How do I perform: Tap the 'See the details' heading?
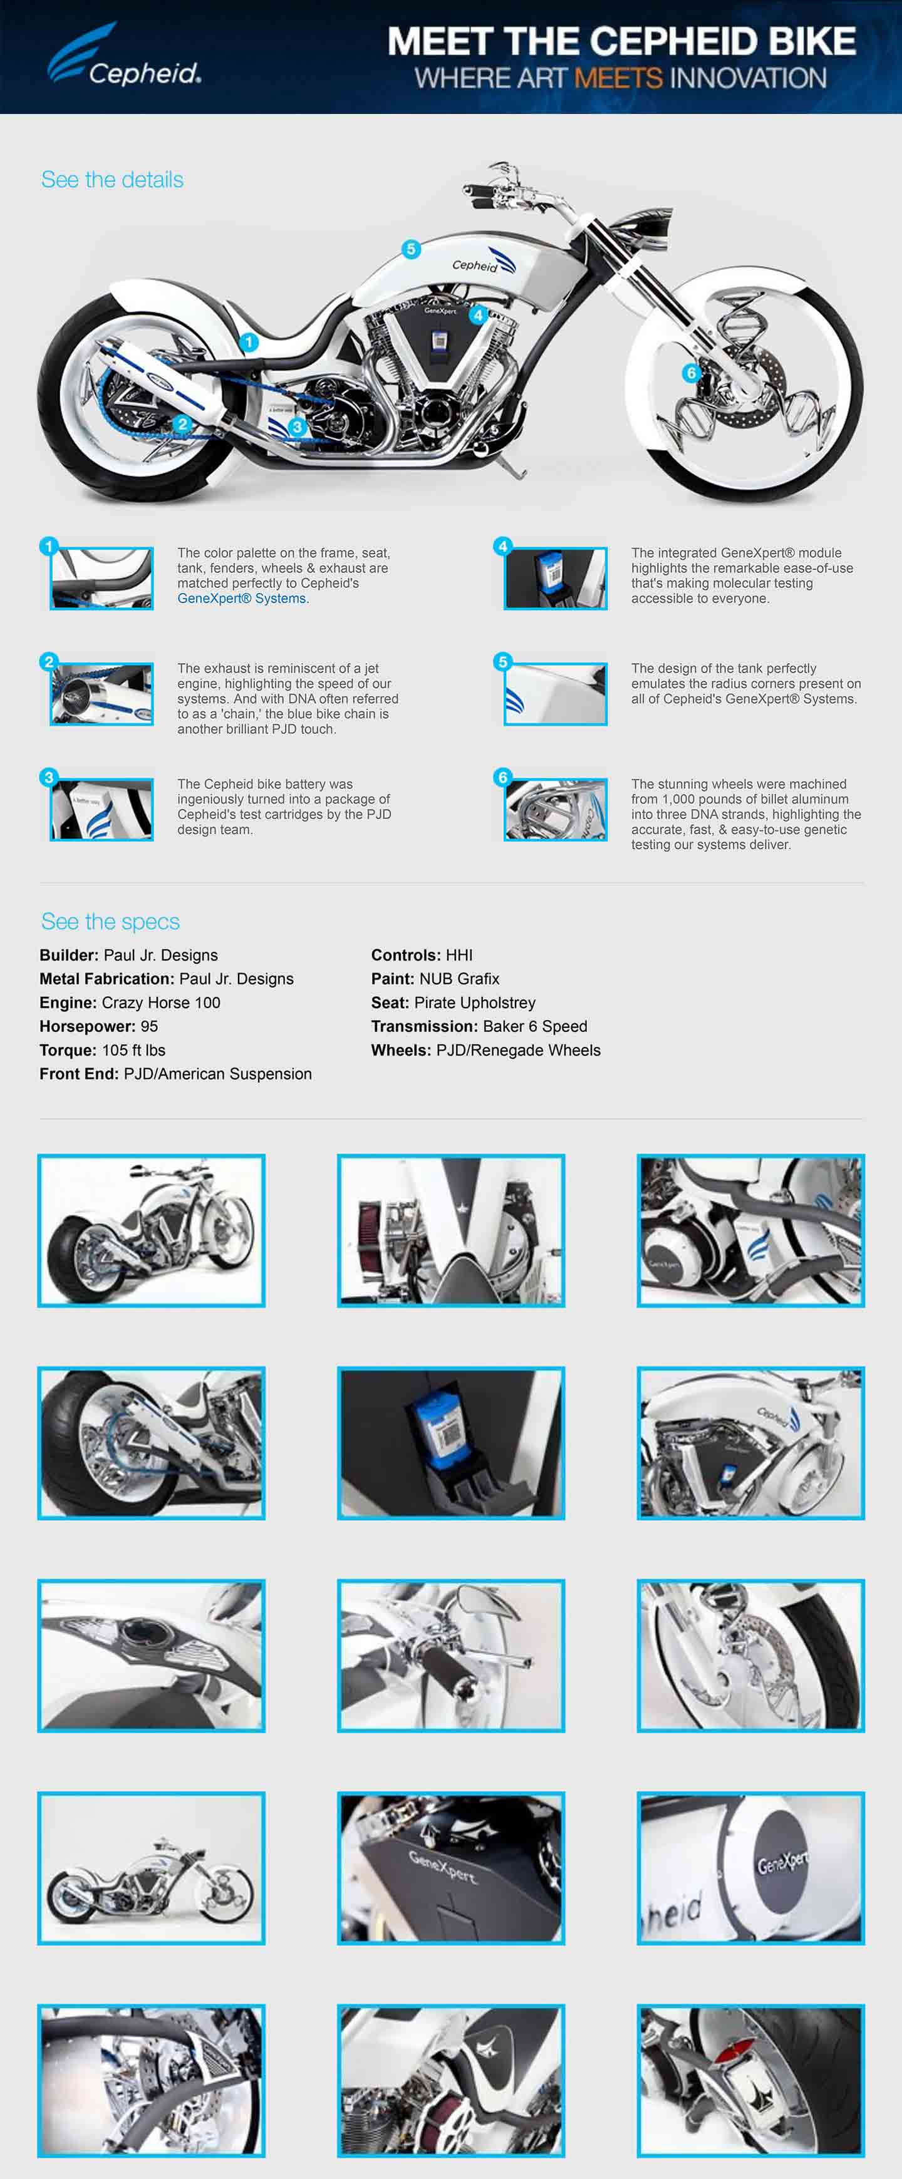[113, 179]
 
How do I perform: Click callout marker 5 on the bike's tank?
[412, 249]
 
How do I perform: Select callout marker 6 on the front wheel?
[692, 372]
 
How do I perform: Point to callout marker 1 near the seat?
[248, 342]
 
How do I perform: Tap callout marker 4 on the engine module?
[478, 315]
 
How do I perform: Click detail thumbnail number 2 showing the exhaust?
[101, 694]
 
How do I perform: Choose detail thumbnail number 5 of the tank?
[555, 694]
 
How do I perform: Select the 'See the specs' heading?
[111, 921]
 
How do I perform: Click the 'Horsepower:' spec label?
[87, 1026]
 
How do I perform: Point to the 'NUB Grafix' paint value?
[460, 979]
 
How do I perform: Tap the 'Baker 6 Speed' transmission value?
[535, 1026]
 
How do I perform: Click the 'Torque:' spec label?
[68, 1050]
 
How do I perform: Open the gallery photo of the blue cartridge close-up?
[451, 1443]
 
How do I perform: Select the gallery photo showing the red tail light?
[750, 2080]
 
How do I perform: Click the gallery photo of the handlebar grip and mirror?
[451, 1656]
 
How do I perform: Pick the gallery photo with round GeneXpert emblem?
[750, 1868]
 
